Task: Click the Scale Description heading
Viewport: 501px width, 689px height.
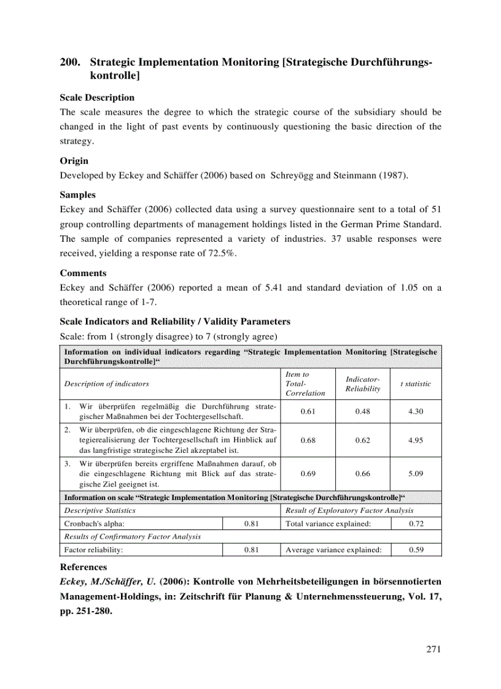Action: pyautogui.click(x=96, y=98)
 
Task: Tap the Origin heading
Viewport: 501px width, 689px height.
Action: pyautogui.click(x=74, y=161)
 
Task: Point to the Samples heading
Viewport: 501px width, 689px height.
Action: pyautogui.click(x=77, y=194)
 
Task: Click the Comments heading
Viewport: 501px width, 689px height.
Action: pyautogui.click(x=83, y=273)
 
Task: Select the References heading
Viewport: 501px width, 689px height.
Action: pyautogui.click(x=83, y=568)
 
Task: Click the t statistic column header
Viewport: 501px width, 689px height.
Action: pyautogui.click(x=415, y=383)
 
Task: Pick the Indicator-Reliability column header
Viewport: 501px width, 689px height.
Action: pyautogui.click(x=362, y=384)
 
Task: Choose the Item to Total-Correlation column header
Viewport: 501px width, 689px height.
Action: pyautogui.click(x=305, y=383)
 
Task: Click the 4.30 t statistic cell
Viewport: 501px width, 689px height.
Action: pyautogui.click(x=415, y=411)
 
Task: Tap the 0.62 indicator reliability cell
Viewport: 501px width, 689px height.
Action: pyautogui.click(x=362, y=440)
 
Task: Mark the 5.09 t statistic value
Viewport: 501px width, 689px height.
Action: pyautogui.click(x=415, y=474)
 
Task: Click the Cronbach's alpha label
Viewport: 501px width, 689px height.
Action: pyautogui.click(x=94, y=523)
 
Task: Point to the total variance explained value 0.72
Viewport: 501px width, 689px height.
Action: pyautogui.click(x=416, y=523)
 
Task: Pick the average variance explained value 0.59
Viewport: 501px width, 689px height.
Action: pyautogui.click(x=416, y=550)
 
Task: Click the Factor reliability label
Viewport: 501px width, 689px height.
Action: pyautogui.click(x=93, y=550)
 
